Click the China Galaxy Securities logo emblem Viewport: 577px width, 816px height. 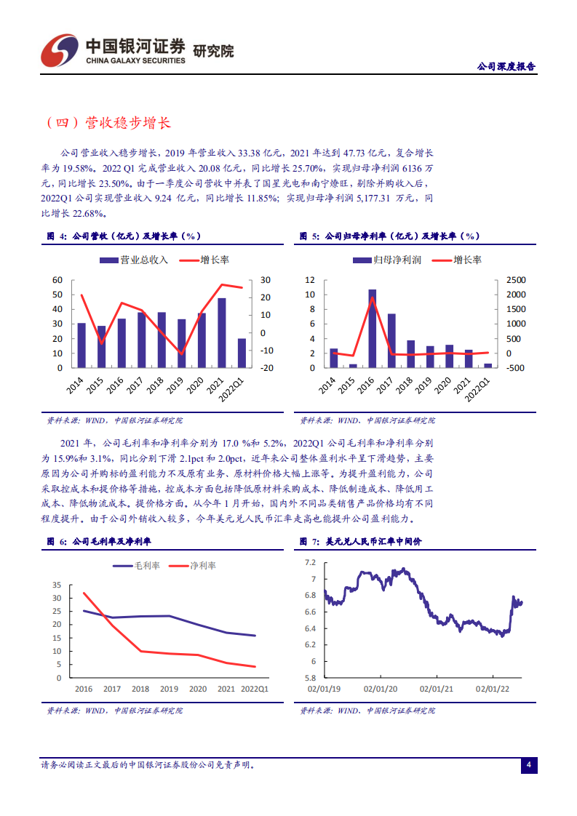(x=59, y=49)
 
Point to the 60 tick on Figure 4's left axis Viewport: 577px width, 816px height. (x=57, y=280)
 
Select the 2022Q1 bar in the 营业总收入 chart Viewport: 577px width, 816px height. (x=242, y=353)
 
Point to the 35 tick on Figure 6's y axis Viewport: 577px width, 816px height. (x=57, y=585)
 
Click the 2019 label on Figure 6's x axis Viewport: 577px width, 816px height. (x=169, y=688)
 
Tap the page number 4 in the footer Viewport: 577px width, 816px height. (x=529, y=764)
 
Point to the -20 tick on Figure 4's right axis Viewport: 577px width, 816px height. (x=266, y=368)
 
